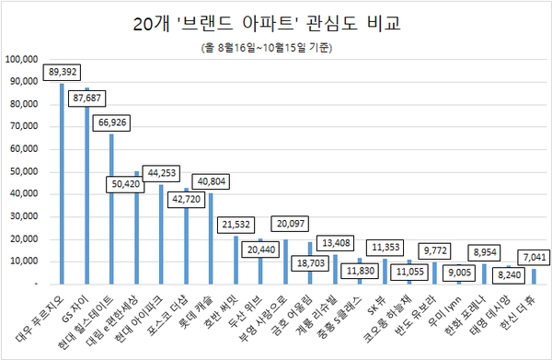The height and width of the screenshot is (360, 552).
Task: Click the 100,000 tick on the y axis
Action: (x=22, y=59)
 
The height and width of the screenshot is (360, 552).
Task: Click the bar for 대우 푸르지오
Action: (x=62, y=183)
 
